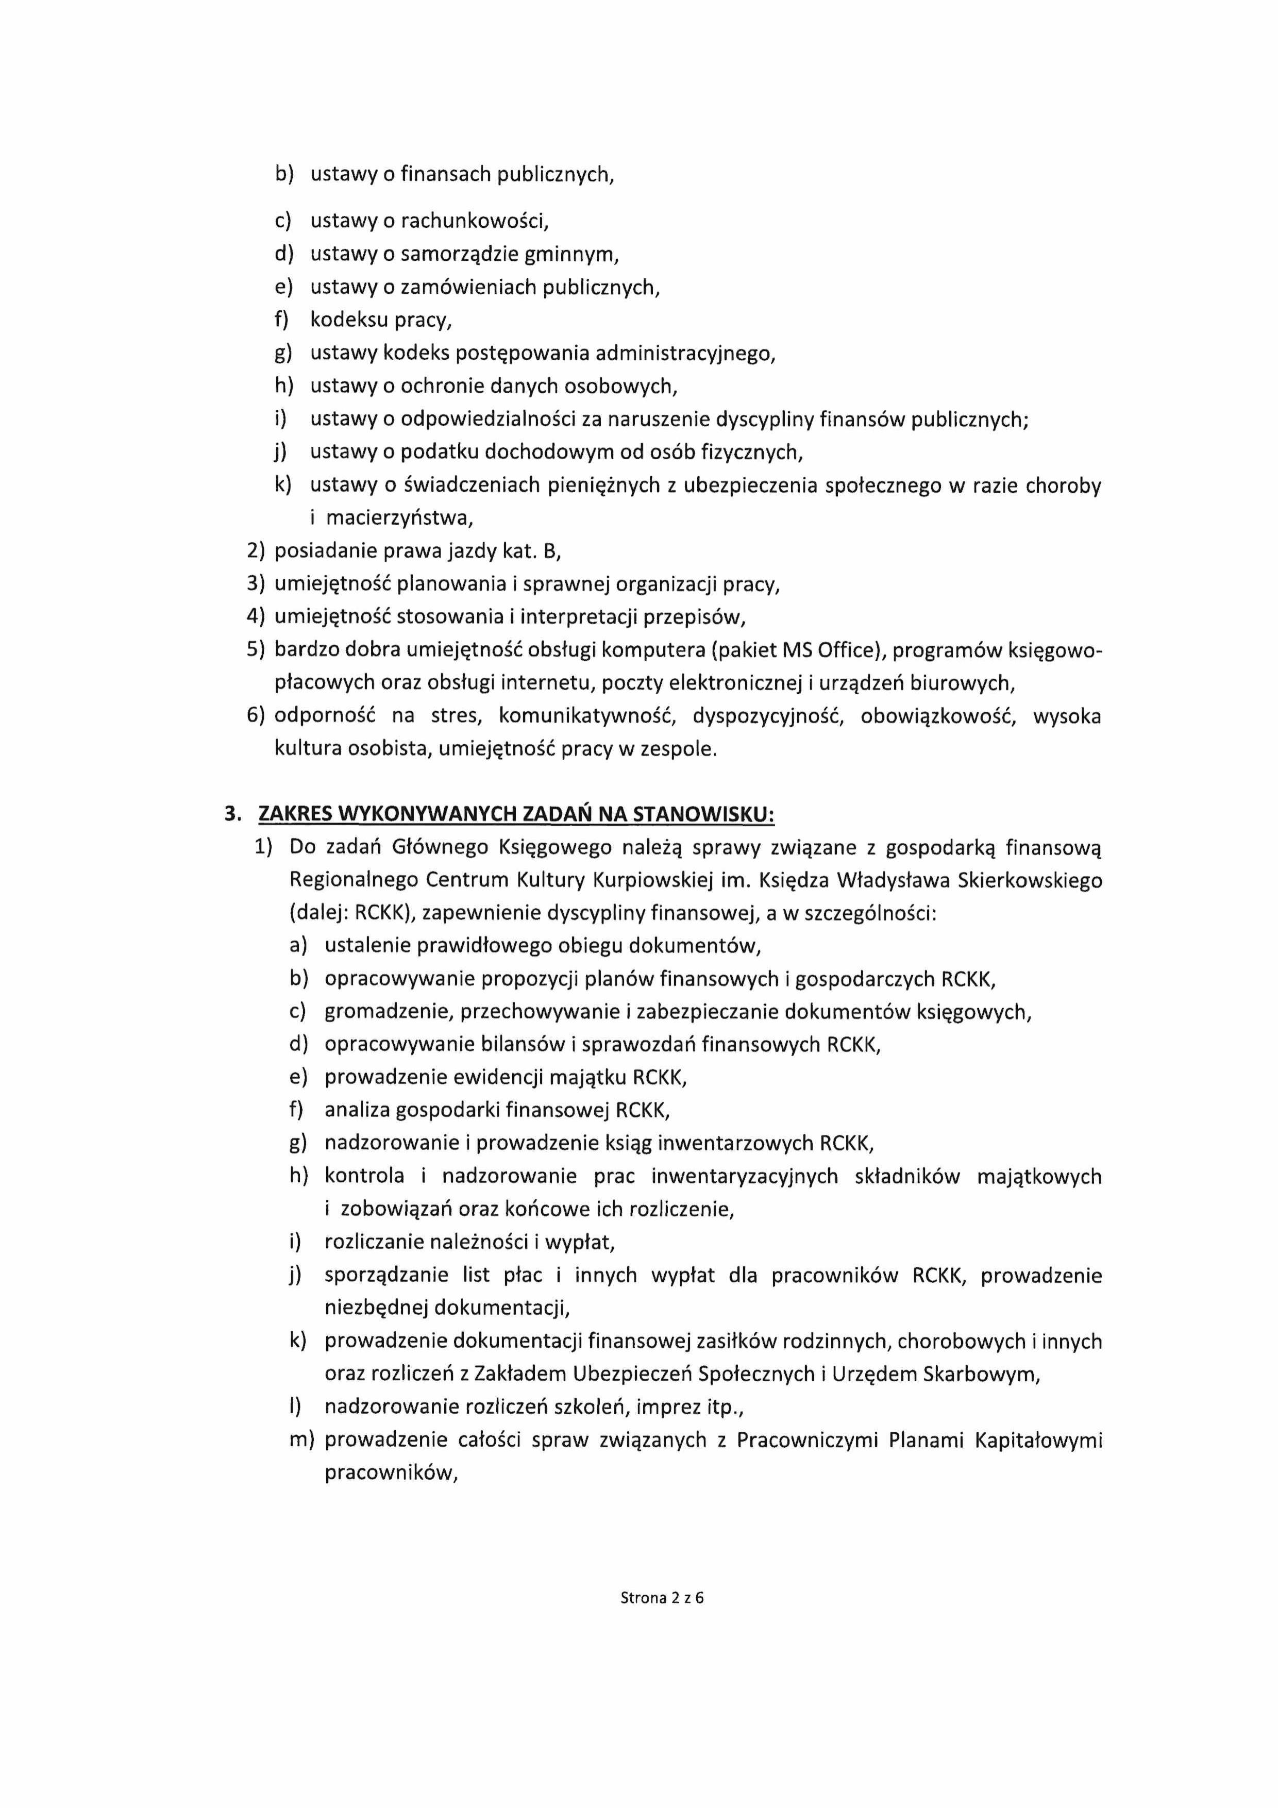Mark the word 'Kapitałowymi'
click(x=1038, y=1440)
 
